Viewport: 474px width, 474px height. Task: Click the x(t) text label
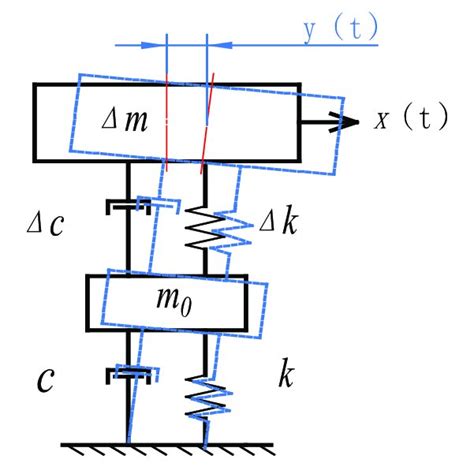click(411, 120)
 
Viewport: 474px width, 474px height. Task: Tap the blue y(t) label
click(341, 29)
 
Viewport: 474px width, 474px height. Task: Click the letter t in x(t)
click(427, 120)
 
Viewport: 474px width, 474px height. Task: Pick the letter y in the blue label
click(311, 30)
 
